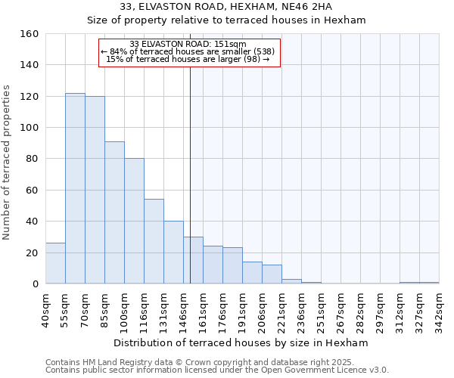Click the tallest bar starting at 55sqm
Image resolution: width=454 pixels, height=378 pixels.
(x=75, y=188)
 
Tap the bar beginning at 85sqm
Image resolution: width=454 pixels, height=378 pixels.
(x=114, y=212)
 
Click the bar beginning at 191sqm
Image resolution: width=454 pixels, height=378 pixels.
(x=252, y=273)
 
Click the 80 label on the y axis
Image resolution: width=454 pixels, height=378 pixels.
(x=33, y=160)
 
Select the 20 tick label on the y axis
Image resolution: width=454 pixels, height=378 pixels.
(x=33, y=253)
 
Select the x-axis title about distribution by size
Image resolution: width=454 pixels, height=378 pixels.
(x=242, y=342)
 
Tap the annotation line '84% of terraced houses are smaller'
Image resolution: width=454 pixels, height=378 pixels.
(x=189, y=51)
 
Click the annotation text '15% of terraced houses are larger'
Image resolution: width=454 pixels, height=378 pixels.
(x=188, y=59)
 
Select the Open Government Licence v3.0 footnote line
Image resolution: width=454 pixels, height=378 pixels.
(x=216, y=370)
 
